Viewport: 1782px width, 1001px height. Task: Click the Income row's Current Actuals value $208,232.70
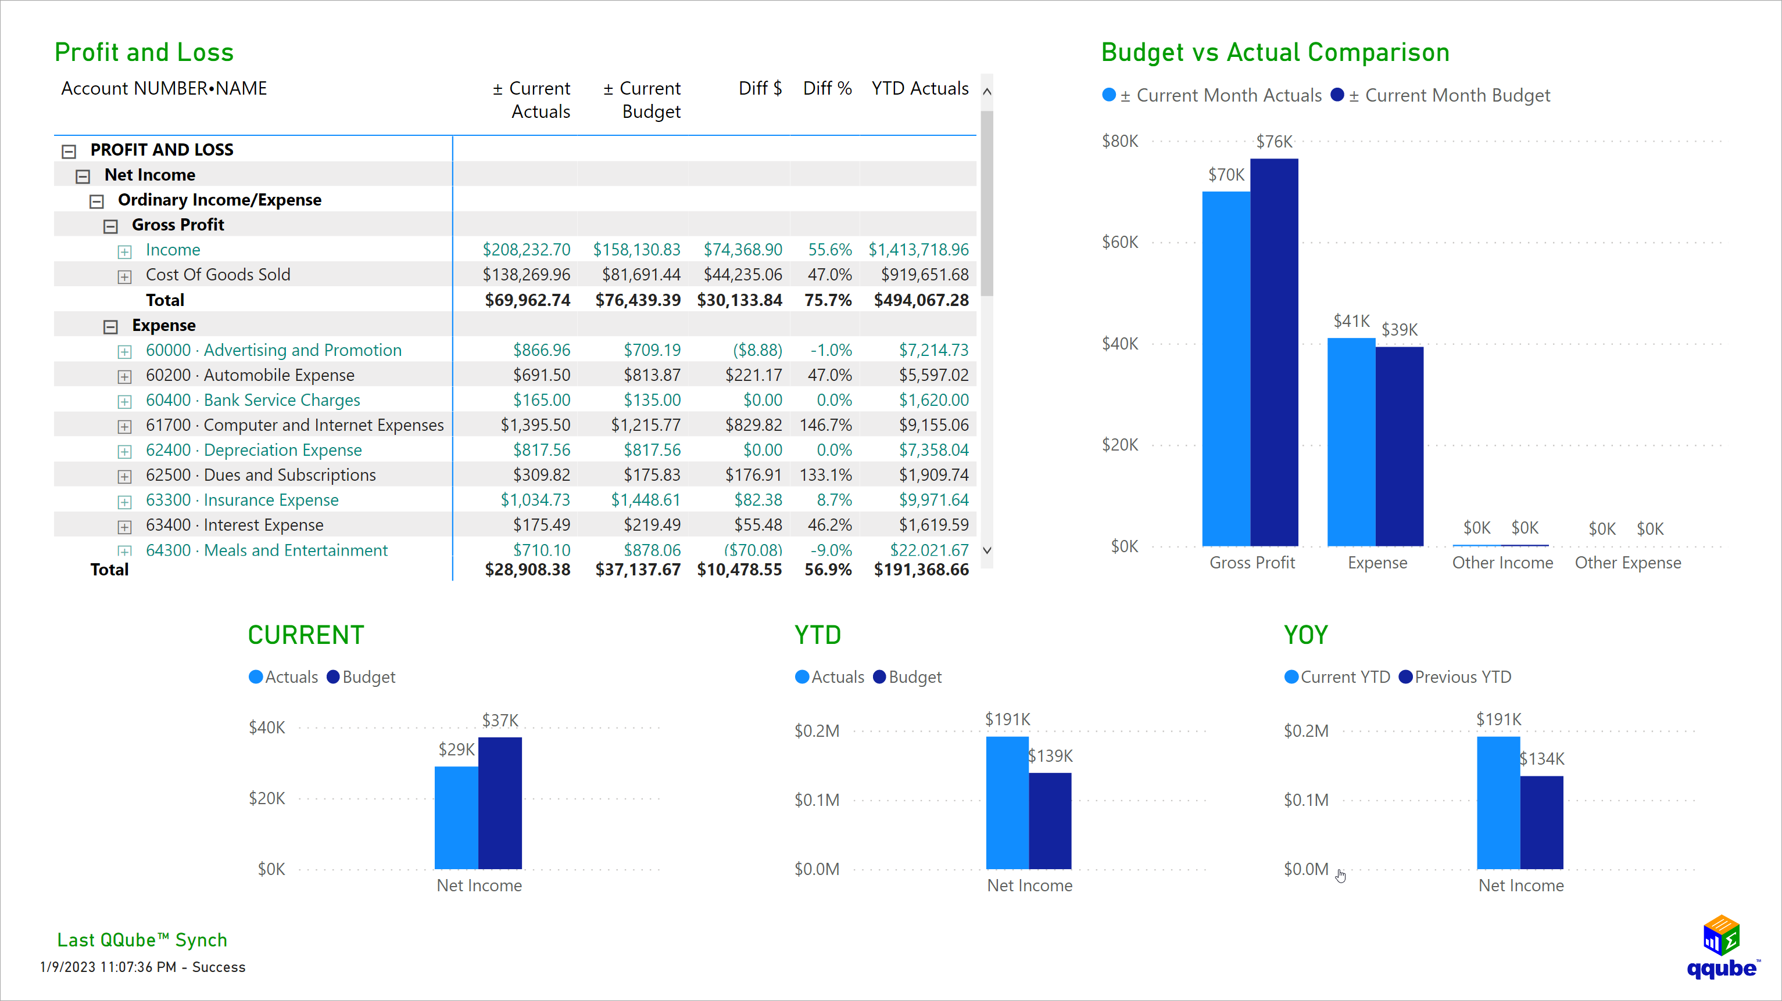pyautogui.click(x=526, y=250)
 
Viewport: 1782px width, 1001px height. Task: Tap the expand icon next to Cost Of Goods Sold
pyautogui.click(x=124, y=276)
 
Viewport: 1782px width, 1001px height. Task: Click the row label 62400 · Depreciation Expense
pyautogui.click(x=253, y=450)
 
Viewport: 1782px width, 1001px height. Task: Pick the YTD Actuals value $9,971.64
pyautogui.click(x=933, y=500)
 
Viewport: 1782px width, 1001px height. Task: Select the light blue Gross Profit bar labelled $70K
pyautogui.click(x=1226, y=366)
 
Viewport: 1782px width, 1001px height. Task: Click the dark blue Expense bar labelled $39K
pyautogui.click(x=1399, y=446)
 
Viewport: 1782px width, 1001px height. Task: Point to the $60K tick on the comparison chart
pyautogui.click(x=1119, y=242)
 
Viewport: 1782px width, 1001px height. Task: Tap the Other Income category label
pyautogui.click(x=1502, y=563)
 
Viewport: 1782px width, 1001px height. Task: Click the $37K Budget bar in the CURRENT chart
pyautogui.click(x=499, y=802)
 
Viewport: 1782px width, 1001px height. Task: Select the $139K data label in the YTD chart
pyautogui.click(x=1050, y=755)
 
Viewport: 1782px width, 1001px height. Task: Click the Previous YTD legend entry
pyautogui.click(x=1462, y=677)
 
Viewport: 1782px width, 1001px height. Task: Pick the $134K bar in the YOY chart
pyautogui.click(x=1541, y=823)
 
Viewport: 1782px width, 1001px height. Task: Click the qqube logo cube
pyautogui.click(x=1721, y=935)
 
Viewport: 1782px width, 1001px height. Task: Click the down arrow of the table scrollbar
pyautogui.click(x=987, y=550)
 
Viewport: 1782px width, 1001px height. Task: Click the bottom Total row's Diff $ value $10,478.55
pyautogui.click(x=739, y=570)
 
